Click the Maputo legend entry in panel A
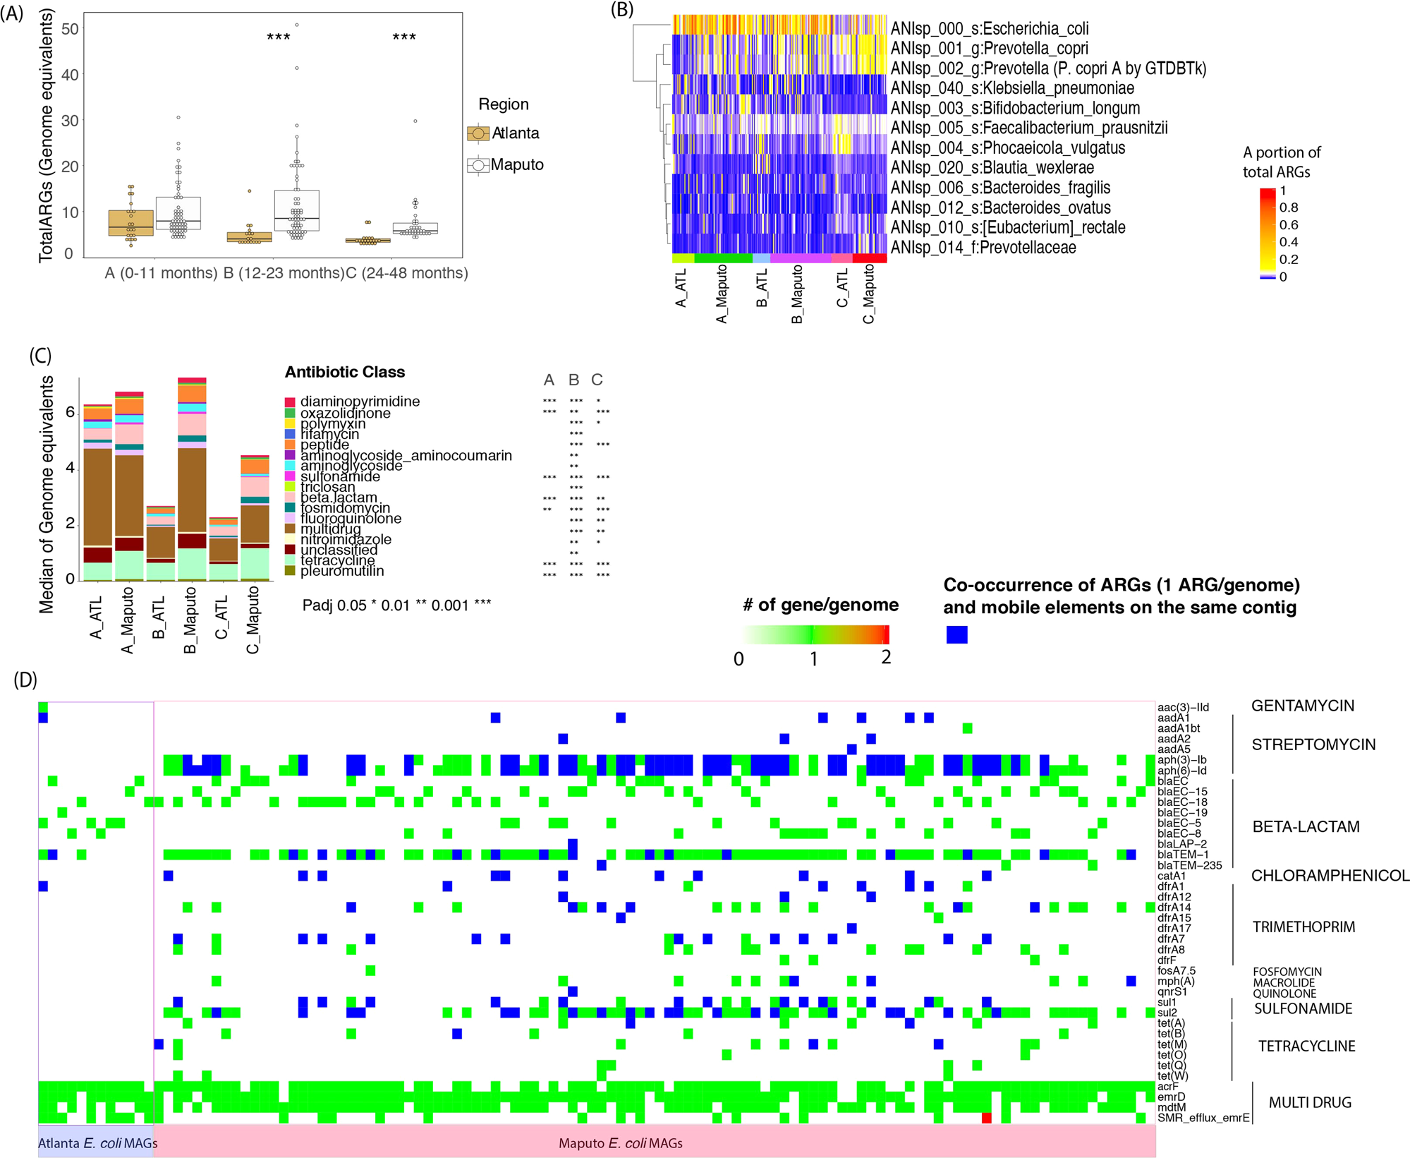[x=504, y=165]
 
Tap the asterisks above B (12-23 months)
[x=279, y=37]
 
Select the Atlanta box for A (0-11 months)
[x=130, y=222]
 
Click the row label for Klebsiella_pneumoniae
[x=1012, y=88]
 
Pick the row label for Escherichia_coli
[x=989, y=29]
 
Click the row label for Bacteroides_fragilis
[x=1000, y=188]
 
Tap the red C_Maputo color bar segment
[x=869, y=258]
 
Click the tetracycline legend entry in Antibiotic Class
[x=336, y=560]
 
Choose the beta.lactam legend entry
[x=339, y=497]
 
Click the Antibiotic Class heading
[x=344, y=372]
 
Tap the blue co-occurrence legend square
[x=956, y=634]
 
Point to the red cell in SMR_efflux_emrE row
[x=986, y=1118]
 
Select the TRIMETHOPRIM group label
[x=1303, y=927]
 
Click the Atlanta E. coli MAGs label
[x=97, y=1142]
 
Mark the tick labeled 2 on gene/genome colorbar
[x=886, y=657]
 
